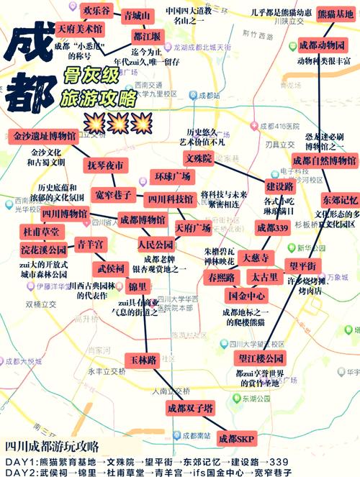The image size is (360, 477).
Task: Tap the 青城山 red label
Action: coord(137,15)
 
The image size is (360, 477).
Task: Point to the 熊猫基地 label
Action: coord(335,14)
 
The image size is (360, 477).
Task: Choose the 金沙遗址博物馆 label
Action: coord(44,135)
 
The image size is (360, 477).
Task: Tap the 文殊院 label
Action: coord(199,158)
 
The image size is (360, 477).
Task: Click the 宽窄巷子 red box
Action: coord(113,194)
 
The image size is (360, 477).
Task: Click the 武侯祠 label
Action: coord(111,269)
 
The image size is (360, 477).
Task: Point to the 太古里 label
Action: coord(264,277)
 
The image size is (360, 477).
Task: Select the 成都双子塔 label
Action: coord(189,408)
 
